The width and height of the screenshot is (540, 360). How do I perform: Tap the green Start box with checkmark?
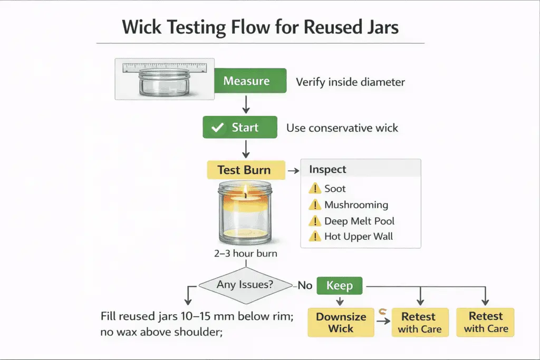point(240,128)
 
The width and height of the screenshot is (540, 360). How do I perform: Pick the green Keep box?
point(340,286)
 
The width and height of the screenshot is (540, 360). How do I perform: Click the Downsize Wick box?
point(340,323)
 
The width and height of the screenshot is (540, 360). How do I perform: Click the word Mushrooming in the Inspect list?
point(356,205)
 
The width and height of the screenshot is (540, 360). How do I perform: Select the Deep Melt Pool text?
point(359,221)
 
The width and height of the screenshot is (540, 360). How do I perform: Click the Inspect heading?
point(327,170)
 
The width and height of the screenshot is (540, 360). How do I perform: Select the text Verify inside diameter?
point(350,82)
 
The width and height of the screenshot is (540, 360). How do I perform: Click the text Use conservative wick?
point(342,128)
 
